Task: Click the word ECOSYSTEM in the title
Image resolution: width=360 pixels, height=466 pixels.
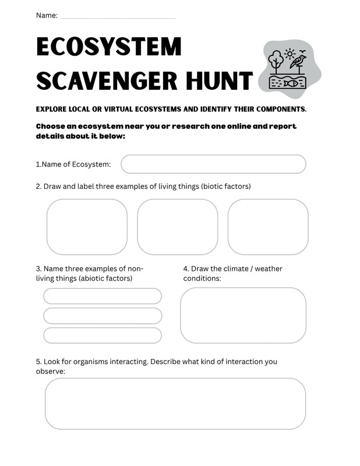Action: tap(109, 47)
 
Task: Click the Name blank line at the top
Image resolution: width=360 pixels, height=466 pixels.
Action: tap(117, 17)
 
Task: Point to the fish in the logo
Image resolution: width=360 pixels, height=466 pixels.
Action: tap(291, 83)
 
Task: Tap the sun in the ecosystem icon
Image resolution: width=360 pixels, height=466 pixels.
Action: tap(290, 54)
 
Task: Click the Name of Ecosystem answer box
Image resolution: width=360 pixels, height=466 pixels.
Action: tap(213, 164)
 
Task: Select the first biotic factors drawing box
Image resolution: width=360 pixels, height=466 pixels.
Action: tap(87, 227)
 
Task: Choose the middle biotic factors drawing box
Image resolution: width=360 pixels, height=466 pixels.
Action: tap(178, 227)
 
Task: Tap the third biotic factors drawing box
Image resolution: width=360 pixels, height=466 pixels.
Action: tap(268, 227)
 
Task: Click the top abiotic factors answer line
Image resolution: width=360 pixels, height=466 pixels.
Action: tap(103, 296)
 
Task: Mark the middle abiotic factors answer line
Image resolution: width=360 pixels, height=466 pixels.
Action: tap(103, 316)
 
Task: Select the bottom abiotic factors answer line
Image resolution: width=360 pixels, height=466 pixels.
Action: tap(103, 336)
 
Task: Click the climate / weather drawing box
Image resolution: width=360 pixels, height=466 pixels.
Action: tap(243, 315)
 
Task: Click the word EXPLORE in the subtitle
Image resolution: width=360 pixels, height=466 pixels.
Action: tap(52, 110)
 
